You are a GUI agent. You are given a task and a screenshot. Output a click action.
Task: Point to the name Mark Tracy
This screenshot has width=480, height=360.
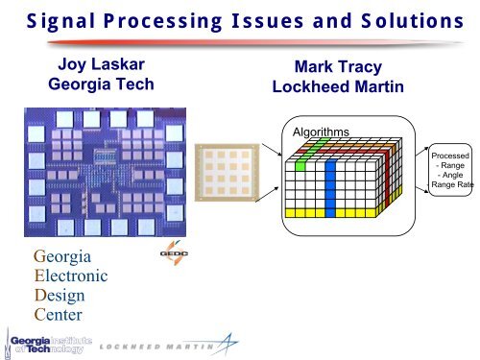[329, 68]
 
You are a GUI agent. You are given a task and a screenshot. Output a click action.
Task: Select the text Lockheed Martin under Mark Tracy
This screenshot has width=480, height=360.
[329, 87]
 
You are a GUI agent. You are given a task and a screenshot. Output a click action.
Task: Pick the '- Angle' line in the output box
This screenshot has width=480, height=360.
[450, 175]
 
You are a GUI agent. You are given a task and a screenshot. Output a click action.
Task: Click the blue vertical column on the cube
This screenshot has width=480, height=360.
[329, 182]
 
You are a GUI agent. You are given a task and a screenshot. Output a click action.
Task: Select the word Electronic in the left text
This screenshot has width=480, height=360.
[70, 276]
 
